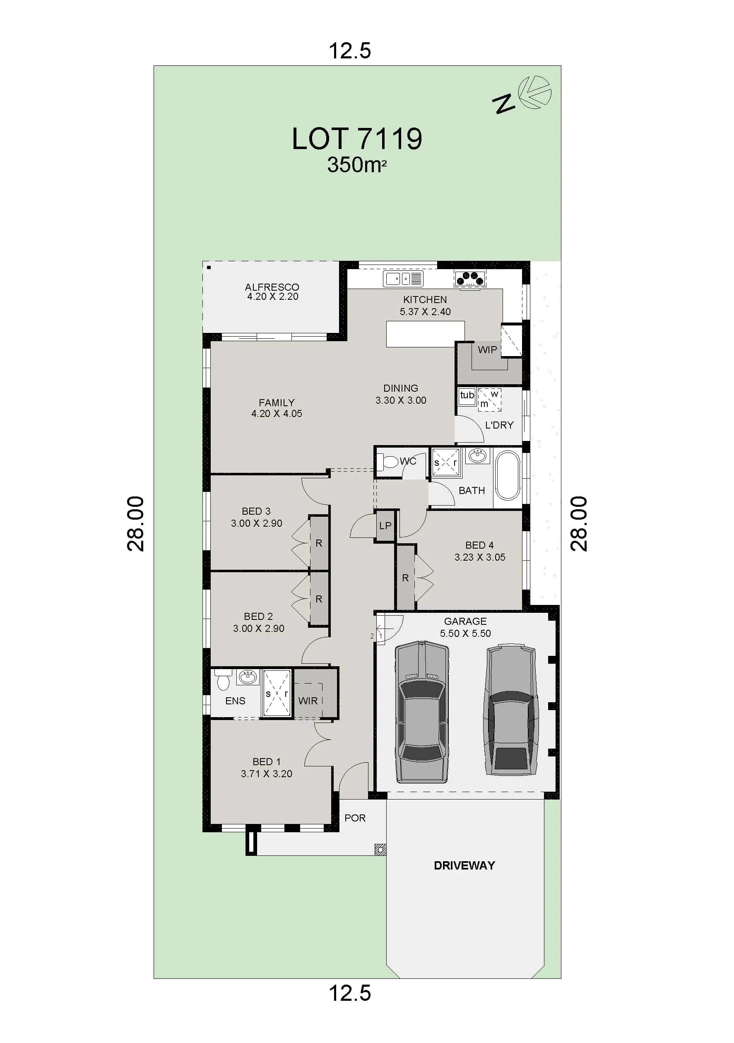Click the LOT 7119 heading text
tap(357, 139)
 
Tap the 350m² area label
tap(356, 165)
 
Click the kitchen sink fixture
tap(403, 279)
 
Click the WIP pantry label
tap(487, 350)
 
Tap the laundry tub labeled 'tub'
tap(467, 395)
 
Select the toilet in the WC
tap(387, 462)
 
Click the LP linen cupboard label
tap(385, 525)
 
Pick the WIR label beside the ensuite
tap(308, 701)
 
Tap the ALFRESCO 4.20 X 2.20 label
tap(272, 291)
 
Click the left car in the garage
tap(422, 712)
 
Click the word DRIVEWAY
tap(464, 865)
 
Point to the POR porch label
tap(355, 818)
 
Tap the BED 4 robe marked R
tap(405, 578)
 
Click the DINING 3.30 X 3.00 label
tap(401, 394)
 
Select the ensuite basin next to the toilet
tap(248, 677)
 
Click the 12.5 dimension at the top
tap(350, 51)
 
